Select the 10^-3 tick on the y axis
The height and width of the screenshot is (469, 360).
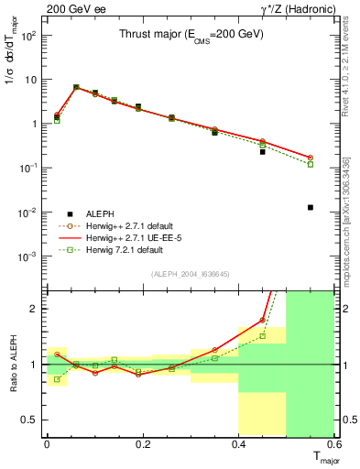[x=28, y=256]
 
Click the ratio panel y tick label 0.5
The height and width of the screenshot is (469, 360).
[x=30, y=420]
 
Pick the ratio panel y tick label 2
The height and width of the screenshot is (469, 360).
[x=35, y=309]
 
